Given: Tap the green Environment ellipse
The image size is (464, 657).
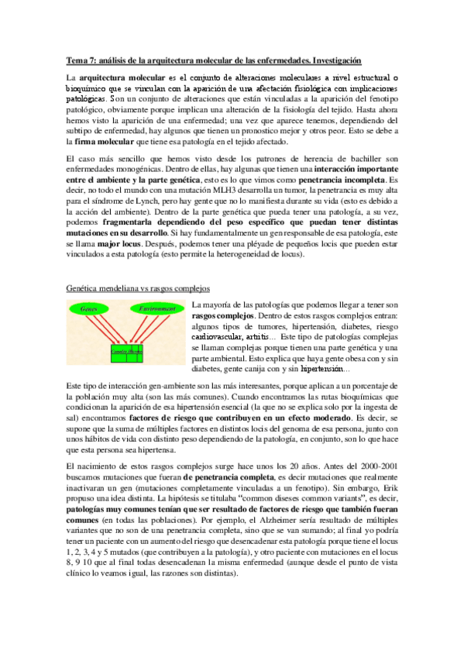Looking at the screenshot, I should coord(157,308).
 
